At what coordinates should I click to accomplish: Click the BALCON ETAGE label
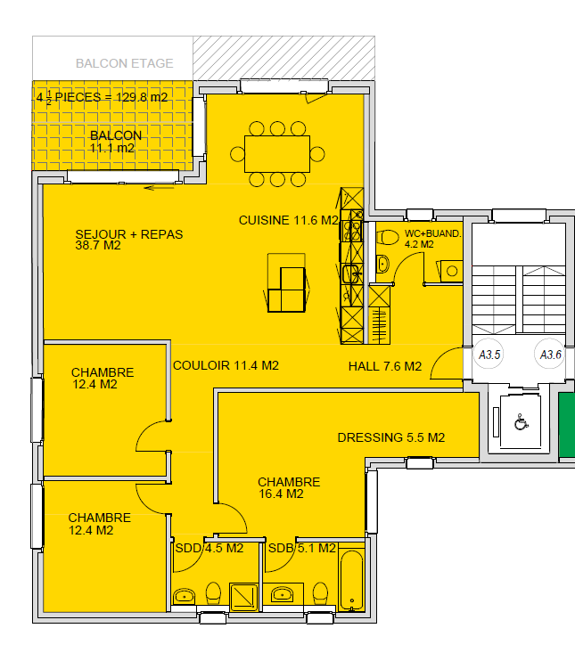[125, 63]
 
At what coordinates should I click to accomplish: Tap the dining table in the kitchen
[277, 154]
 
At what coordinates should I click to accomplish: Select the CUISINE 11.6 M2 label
[289, 220]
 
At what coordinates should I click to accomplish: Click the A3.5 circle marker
[489, 355]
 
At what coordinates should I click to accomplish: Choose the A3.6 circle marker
[550, 355]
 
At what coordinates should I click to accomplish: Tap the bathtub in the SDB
[352, 580]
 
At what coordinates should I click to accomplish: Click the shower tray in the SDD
[243, 597]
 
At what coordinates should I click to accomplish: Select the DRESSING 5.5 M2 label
[391, 437]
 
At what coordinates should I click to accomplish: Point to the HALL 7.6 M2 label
[385, 366]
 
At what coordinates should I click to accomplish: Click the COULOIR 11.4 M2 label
[226, 365]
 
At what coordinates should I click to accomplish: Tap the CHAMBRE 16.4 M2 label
[289, 488]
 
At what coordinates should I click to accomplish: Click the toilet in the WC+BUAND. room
[388, 237]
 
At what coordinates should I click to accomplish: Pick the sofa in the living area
[286, 283]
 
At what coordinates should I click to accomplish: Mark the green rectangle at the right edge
[567, 425]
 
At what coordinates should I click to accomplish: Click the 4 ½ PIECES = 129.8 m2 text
[103, 97]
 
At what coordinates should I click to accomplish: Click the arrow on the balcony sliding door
[159, 188]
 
